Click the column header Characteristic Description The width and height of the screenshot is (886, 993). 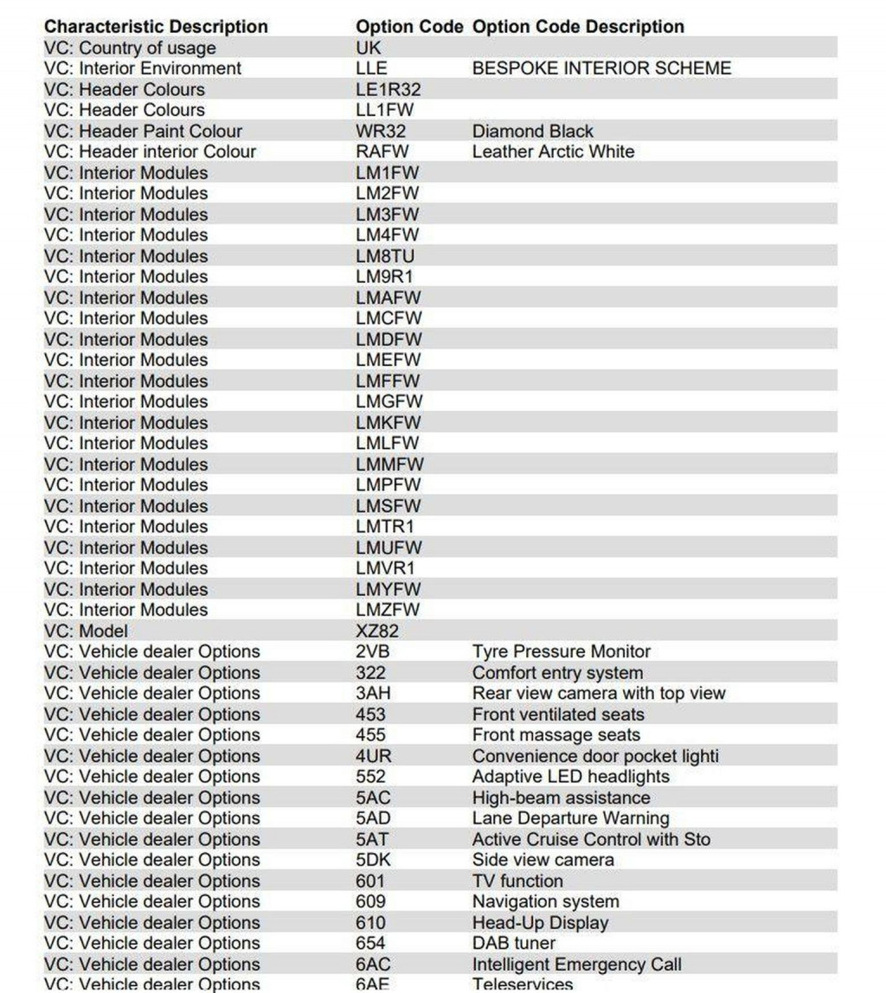coord(156,27)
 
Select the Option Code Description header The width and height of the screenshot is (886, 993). coord(577,27)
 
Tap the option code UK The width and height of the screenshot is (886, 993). coord(368,48)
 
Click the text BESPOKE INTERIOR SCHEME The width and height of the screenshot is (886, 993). coord(601,68)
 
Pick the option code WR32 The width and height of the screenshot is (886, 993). coord(381,131)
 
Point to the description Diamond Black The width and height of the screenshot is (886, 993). coord(532,131)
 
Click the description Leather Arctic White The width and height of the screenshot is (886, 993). coord(553,152)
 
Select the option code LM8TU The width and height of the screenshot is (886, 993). coord(385,256)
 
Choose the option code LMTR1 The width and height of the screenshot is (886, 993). coord(385,527)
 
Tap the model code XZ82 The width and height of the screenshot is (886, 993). coord(377,631)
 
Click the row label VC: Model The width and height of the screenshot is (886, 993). coord(86,631)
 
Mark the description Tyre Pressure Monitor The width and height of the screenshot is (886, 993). coord(561,652)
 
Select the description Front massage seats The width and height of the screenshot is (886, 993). coord(555,735)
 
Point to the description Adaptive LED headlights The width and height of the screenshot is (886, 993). coord(570,777)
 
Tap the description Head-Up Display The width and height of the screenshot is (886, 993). coord(540,923)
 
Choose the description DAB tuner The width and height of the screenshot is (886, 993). coord(513,944)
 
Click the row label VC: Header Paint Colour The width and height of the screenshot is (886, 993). coord(143,131)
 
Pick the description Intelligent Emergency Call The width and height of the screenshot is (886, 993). coord(576,964)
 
